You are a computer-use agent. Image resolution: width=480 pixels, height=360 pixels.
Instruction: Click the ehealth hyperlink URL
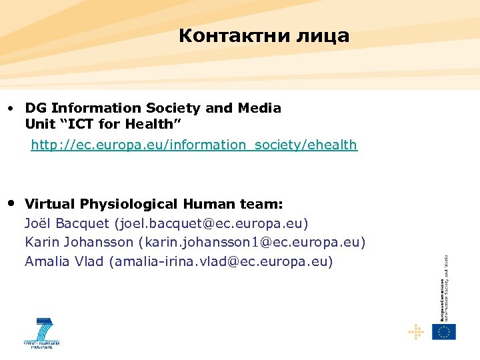(194, 145)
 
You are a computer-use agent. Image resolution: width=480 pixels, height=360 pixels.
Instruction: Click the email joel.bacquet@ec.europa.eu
(211, 223)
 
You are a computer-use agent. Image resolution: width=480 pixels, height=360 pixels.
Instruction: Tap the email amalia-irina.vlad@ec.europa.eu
(223, 261)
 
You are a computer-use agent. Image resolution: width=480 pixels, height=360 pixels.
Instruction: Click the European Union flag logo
(443, 331)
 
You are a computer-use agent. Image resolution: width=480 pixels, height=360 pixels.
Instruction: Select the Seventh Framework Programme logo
(41, 333)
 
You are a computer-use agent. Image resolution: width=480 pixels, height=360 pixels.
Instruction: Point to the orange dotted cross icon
(415, 331)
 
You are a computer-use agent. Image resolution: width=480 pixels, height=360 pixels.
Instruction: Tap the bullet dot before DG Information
(11, 108)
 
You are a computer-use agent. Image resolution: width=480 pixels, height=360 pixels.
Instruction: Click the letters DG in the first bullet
(35, 108)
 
